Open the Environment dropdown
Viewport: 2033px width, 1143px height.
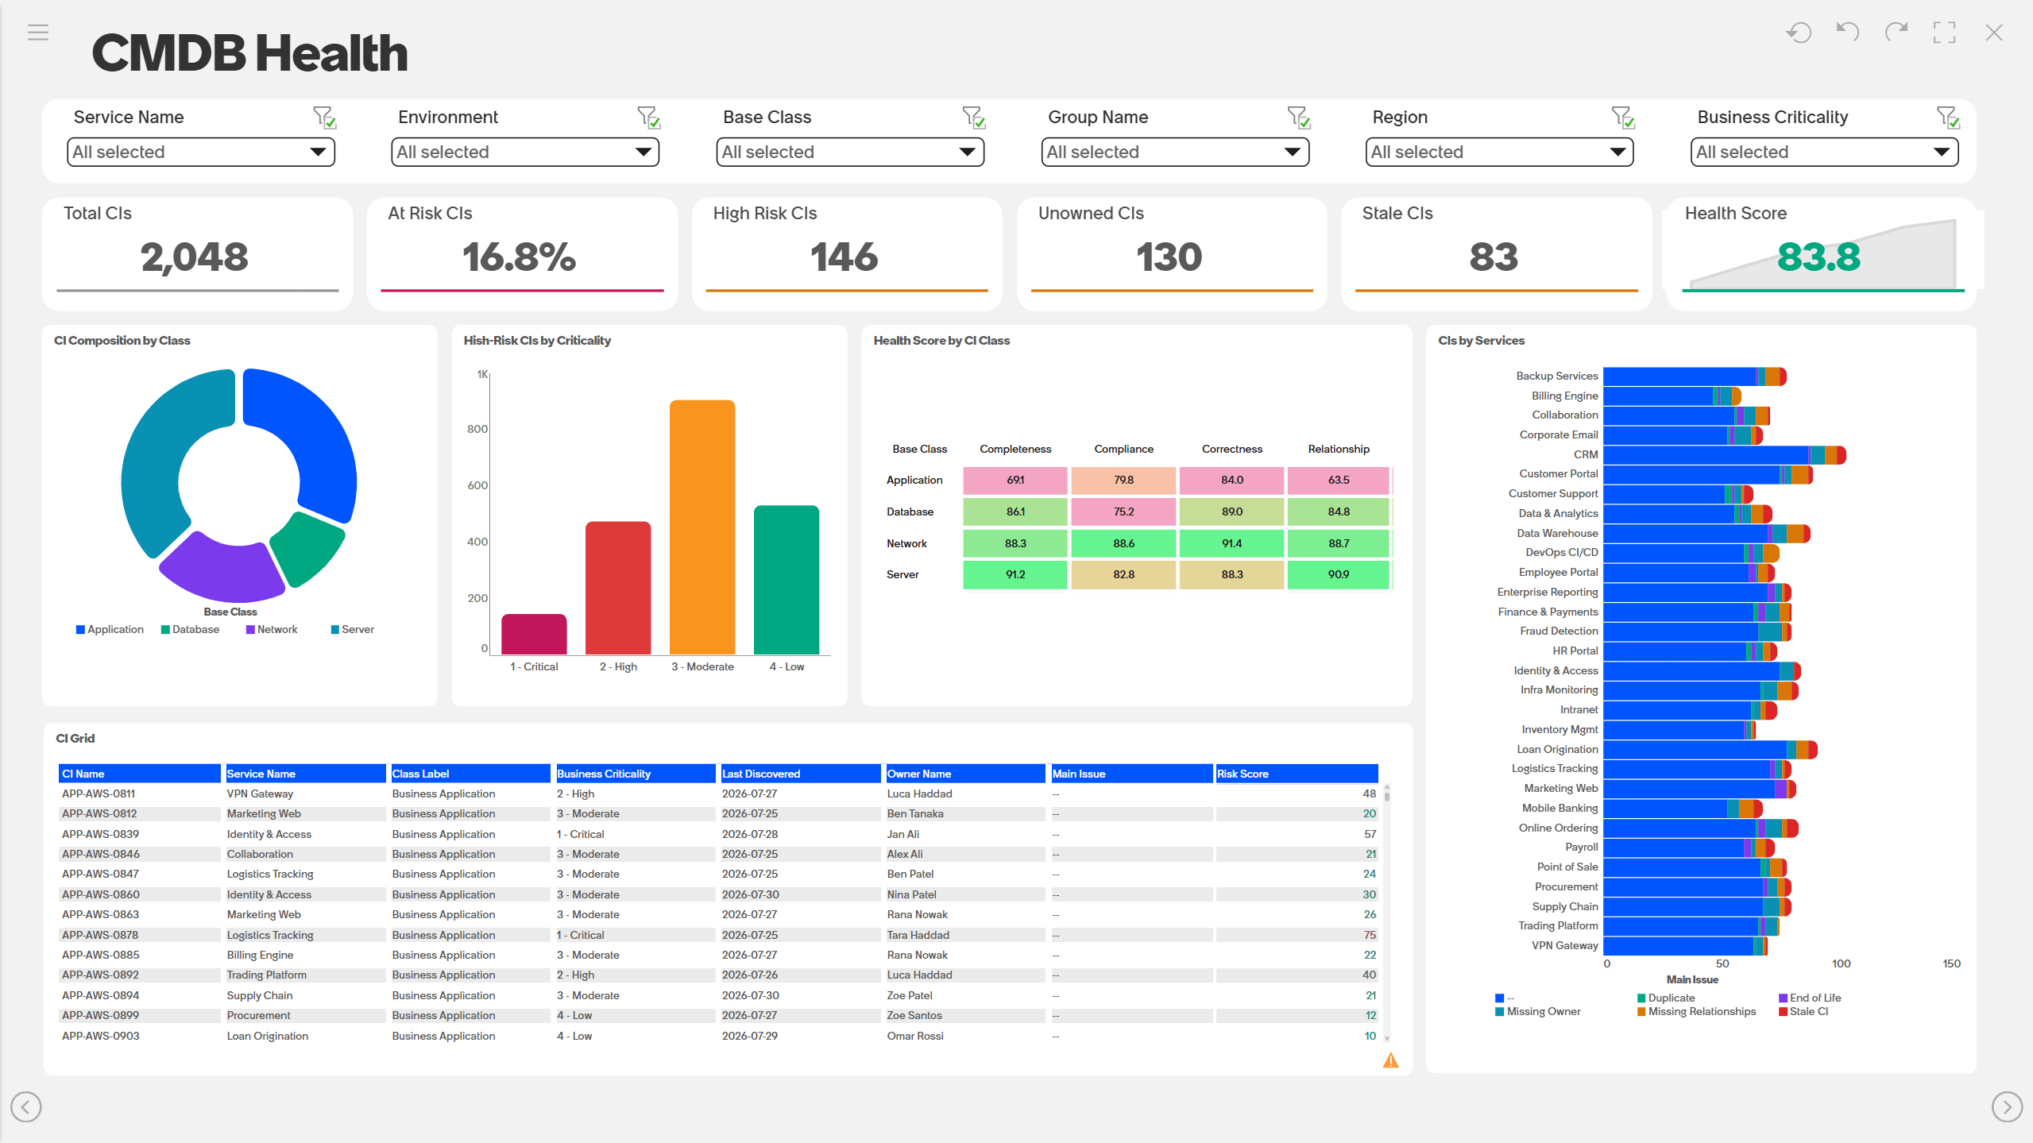coord(525,152)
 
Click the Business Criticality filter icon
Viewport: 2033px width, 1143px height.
coord(1947,118)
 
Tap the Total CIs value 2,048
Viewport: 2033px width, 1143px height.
coord(195,257)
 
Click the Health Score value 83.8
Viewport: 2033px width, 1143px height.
coord(1818,257)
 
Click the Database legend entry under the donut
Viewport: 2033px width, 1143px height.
coord(190,629)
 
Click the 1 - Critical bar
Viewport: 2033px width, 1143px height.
coord(534,634)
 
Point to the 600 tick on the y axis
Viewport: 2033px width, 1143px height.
coord(477,485)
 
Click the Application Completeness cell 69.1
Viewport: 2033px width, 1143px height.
coord(1015,480)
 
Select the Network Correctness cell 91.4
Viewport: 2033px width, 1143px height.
coord(1231,543)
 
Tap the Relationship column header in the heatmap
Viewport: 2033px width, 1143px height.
coord(1339,449)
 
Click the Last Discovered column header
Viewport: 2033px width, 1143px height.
coord(761,774)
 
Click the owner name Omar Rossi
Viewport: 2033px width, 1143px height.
coord(915,1036)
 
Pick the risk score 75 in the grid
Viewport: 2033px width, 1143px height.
coord(1370,935)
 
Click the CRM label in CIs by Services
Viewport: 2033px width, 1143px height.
coord(1586,454)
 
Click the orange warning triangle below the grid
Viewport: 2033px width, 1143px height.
coord(1390,1060)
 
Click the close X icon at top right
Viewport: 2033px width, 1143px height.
coord(1993,33)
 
